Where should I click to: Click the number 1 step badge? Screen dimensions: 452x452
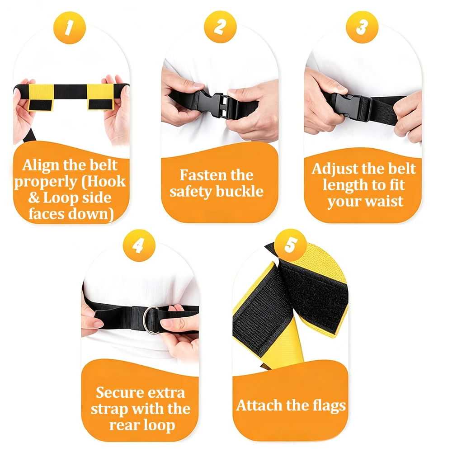pyautogui.click(x=70, y=28)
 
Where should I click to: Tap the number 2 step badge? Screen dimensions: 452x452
pyautogui.click(x=220, y=27)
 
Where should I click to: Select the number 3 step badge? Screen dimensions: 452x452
pyautogui.click(x=362, y=27)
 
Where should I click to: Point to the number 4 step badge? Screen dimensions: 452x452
pyautogui.click(x=139, y=245)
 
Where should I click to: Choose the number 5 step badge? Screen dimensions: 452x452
pyautogui.click(x=290, y=245)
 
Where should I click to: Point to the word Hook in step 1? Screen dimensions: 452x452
pyautogui.click(x=106, y=182)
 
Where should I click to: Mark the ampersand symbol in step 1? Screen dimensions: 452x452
pyautogui.click(x=34, y=198)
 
